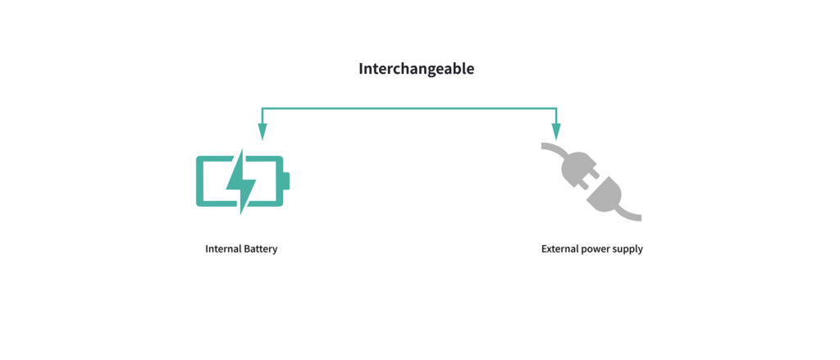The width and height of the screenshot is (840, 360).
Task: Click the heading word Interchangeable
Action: [416, 70]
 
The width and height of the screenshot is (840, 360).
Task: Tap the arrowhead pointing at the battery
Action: [262, 131]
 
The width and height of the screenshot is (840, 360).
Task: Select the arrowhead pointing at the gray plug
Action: [556, 131]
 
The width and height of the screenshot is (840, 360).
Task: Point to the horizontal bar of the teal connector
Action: [409, 109]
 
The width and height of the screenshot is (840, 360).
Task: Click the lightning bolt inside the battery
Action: [240, 181]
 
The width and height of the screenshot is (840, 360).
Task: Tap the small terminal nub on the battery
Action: [286, 181]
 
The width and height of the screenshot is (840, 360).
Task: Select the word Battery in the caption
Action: [261, 249]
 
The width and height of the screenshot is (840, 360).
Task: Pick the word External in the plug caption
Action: [559, 249]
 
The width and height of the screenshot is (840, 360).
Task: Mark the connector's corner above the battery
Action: [262, 109]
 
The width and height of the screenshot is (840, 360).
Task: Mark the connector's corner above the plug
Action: [556, 109]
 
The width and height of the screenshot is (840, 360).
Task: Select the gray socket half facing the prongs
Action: [605, 195]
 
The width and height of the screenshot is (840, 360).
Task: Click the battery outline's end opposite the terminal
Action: [199, 181]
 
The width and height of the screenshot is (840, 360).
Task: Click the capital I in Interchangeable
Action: [361, 69]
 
